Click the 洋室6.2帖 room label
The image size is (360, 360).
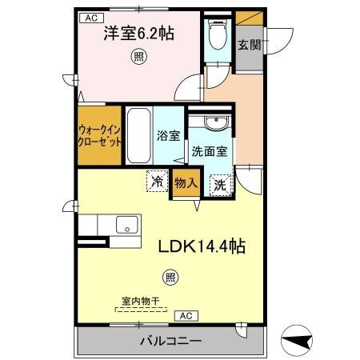point(138,35)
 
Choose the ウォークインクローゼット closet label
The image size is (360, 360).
point(100,134)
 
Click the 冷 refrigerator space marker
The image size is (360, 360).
point(158,182)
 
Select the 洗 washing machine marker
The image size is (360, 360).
point(219,184)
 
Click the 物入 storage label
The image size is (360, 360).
point(186,183)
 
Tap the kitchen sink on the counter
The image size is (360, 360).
point(126,225)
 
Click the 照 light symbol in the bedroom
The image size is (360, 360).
point(138,56)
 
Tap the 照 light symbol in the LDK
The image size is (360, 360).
point(170,278)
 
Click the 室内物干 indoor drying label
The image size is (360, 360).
point(141,301)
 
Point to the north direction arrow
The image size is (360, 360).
point(298,340)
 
